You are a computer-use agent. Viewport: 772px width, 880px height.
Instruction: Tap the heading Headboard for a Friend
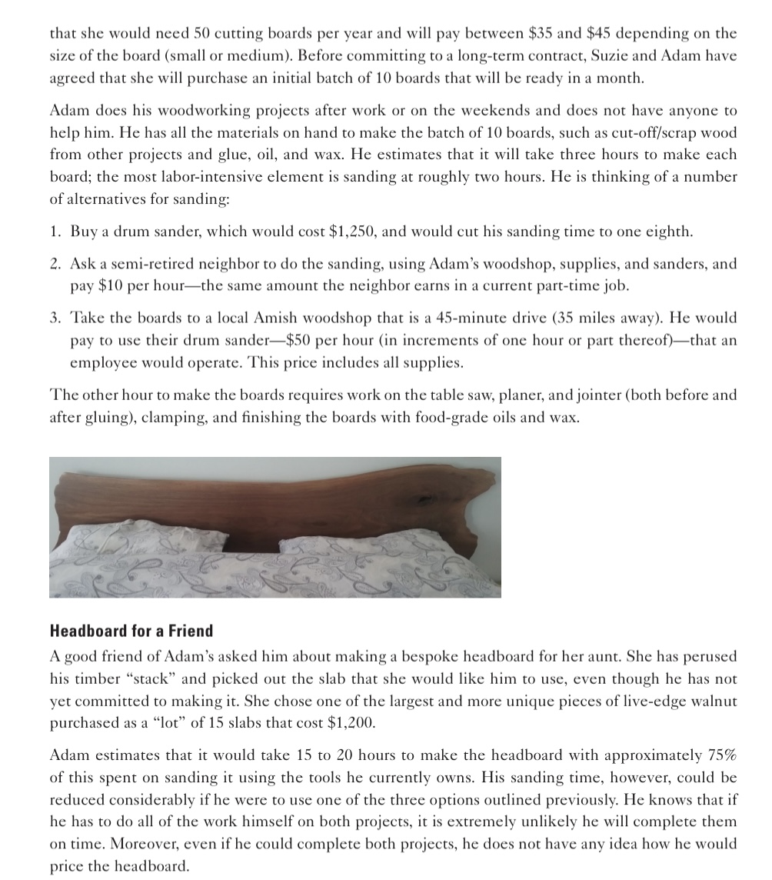(131, 632)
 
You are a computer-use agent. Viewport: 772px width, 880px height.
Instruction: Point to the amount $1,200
(355, 724)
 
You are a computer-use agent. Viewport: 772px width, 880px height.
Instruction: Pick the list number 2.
(55, 264)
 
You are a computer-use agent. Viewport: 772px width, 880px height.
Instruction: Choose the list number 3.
(55, 318)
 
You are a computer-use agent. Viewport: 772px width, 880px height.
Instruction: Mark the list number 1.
(55, 231)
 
